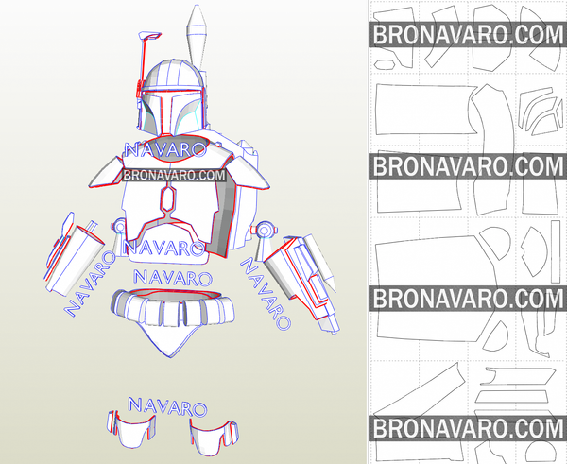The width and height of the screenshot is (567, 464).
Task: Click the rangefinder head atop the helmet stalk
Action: click(x=149, y=36)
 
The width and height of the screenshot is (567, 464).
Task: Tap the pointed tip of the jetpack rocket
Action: click(x=197, y=6)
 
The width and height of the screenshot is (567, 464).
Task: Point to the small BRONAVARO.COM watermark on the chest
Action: click(x=174, y=176)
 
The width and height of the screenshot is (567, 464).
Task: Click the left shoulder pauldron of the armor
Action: click(x=106, y=172)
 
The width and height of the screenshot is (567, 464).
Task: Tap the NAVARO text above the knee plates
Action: click(x=167, y=406)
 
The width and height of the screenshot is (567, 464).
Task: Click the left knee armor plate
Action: click(x=132, y=430)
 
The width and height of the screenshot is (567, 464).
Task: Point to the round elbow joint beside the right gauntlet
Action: click(x=265, y=230)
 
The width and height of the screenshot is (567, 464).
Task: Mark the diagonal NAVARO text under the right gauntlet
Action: click(x=266, y=294)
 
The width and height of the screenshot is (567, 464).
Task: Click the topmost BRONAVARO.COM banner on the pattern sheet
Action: click(x=468, y=34)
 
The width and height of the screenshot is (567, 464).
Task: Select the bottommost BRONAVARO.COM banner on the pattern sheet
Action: click(x=468, y=428)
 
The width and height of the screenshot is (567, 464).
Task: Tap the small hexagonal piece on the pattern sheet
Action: click(x=384, y=65)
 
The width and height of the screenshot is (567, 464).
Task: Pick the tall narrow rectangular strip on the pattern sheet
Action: click(x=556, y=251)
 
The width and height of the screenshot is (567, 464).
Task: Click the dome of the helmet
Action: click(x=173, y=74)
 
